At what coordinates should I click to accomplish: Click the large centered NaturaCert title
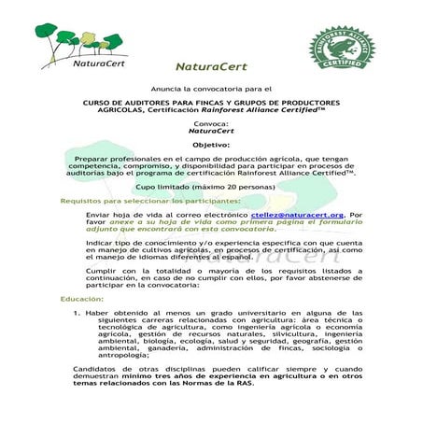[211, 68]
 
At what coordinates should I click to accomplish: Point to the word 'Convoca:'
[210, 123]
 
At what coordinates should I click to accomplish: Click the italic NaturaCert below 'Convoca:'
[210, 132]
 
